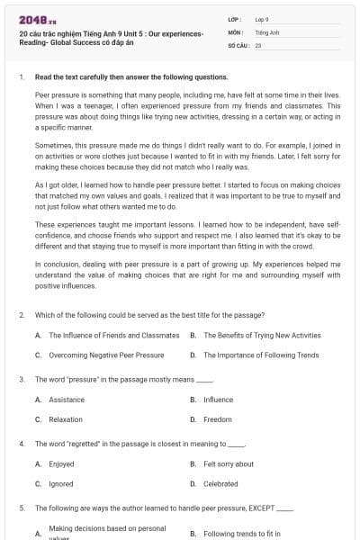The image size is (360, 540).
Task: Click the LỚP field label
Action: pos(234,19)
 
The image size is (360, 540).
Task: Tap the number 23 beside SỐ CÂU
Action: pos(258,44)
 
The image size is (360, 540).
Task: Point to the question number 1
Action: pos(21,77)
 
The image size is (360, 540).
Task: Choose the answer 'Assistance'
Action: pos(67,400)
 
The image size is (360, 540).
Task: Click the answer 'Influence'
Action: pos(218,400)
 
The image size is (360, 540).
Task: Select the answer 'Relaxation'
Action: pos(66,419)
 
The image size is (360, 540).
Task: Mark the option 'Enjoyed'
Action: pos(61,464)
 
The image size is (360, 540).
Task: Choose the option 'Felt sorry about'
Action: pos(229,464)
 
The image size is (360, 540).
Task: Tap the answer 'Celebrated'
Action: pos(220,484)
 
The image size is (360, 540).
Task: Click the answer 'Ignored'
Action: pos(61,484)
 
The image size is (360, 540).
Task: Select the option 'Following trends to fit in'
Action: pos(242,533)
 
